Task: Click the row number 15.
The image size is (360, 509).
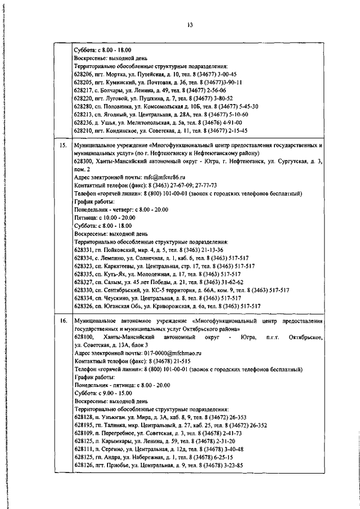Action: tap(64, 145)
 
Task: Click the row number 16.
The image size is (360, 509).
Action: tap(64, 320)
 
